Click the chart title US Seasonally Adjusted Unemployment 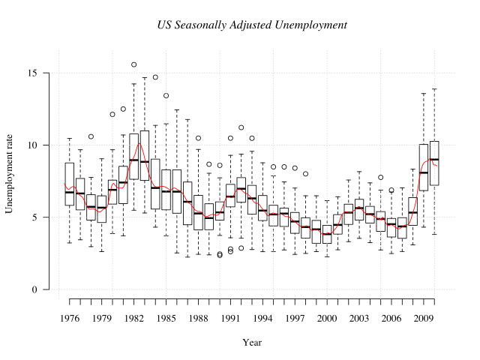(252, 25)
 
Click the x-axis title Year (252, 343)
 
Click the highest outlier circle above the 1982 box (133, 64)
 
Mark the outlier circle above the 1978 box (91, 136)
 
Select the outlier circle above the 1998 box (305, 174)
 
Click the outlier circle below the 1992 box (241, 248)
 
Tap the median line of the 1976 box (70, 193)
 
